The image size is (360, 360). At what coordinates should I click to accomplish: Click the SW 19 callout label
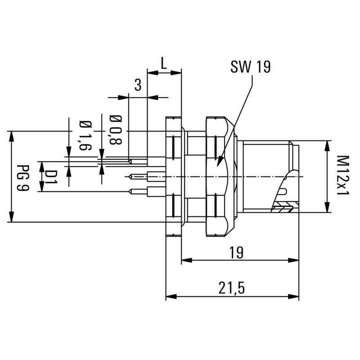[x=250, y=67]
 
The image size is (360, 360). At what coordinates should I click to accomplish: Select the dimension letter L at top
[x=164, y=63]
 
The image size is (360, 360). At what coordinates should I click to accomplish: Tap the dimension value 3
[x=138, y=85]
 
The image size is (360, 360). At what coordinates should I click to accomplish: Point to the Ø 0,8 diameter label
[x=116, y=130]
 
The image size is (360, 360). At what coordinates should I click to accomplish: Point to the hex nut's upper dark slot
[x=215, y=147]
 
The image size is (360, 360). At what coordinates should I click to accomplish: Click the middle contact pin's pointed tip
[x=130, y=176]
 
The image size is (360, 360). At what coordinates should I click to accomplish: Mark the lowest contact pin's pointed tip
[x=130, y=192]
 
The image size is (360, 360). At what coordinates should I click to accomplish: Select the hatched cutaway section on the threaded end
[x=283, y=208]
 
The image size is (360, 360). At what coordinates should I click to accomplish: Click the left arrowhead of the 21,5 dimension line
[x=167, y=297]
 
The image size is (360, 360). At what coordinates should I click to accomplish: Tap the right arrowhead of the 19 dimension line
[x=298, y=260]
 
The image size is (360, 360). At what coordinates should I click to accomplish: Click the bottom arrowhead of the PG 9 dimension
[x=11, y=221]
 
